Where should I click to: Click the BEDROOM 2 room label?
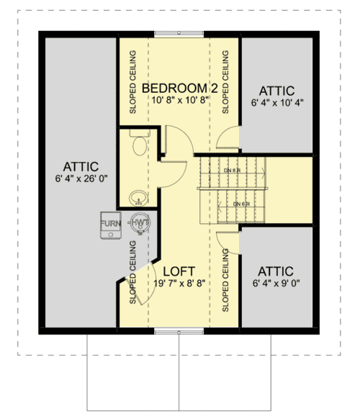coord(179,88)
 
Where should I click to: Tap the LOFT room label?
coord(179,271)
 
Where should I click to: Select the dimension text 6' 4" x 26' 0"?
coord(79,178)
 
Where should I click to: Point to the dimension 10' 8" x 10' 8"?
coord(179,100)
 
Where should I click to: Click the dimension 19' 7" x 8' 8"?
coord(179,283)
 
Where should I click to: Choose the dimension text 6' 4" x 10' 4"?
coord(277,103)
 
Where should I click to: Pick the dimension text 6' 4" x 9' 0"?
coord(277,283)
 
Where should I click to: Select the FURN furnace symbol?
coord(110,225)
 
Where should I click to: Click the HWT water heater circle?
coord(140,225)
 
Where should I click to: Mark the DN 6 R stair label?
coord(242,204)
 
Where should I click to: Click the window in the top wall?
coord(179,33)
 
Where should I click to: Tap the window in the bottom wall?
coord(179,331)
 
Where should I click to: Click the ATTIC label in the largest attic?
coord(79,166)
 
